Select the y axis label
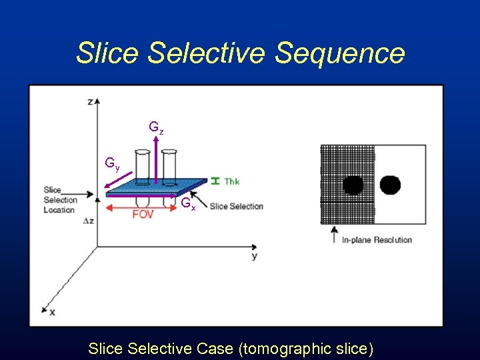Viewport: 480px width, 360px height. pyautogui.click(x=255, y=256)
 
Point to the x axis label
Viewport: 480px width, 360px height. pyautogui.click(x=52, y=312)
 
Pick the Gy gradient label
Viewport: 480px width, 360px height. pyautogui.click(x=112, y=163)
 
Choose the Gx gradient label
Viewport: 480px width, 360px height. pyautogui.click(x=188, y=204)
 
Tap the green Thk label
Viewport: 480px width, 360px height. pyautogui.click(x=232, y=181)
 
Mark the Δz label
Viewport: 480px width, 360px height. pyautogui.click(x=89, y=219)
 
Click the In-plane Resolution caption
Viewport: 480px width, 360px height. pyautogui.click(x=377, y=240)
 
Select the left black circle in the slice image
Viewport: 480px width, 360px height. pyautogui.click(x=353, y=185)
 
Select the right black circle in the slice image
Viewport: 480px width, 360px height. pyautogui.click(x=390, y=184)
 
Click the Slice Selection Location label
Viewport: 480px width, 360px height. pyautogui.click(x=59, y=199)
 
